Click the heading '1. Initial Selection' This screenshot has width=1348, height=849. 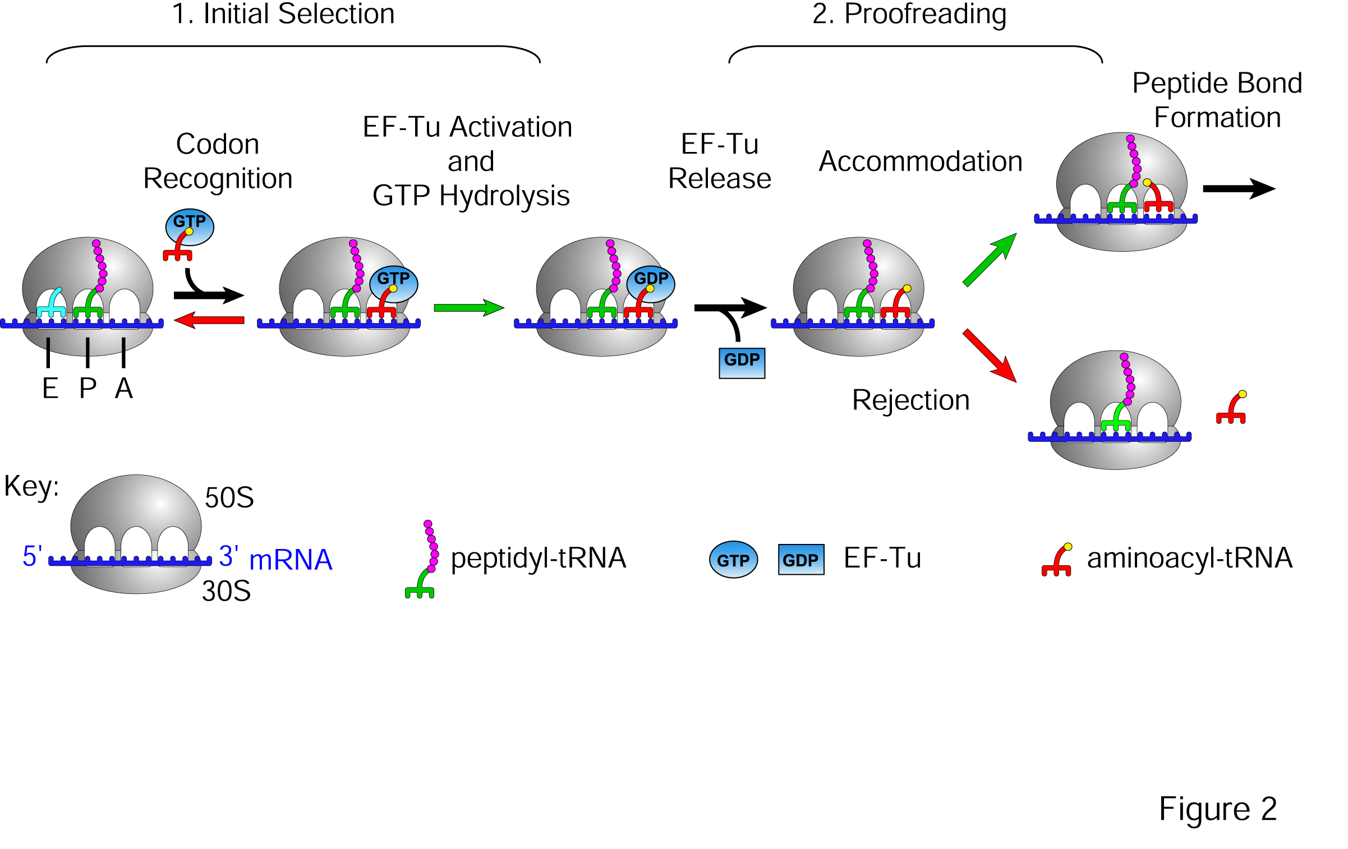tap(283, 14)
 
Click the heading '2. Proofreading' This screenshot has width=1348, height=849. tap(909, 14)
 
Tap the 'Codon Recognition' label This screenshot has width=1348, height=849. tap(218, 162)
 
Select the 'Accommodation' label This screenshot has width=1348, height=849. tap(921, 162)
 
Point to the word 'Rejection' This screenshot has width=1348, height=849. tap(910, 400)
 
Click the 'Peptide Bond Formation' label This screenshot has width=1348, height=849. tap(1217, 100)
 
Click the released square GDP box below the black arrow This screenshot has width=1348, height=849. tap(742, 363)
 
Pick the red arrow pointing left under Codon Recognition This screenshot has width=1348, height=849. tap(209, 320)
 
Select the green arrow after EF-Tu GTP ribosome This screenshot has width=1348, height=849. tap(469, 307)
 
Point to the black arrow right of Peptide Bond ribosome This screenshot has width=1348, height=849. tap(1239, 188)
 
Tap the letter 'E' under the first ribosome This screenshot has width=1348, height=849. tap(50, 389)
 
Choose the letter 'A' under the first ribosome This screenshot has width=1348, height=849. tap(124, 389)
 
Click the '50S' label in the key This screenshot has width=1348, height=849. tap(229, 498)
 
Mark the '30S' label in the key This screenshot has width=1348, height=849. tap(226, 591)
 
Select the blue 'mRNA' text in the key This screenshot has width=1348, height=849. tap(291, 560)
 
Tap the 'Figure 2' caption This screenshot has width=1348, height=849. tap(1218, 809)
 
